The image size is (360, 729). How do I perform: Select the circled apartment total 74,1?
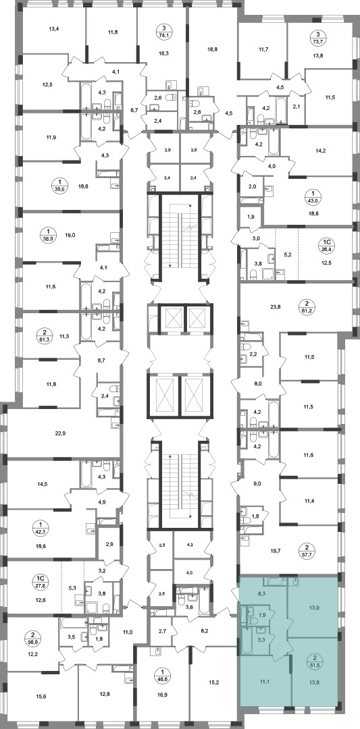pos(163,35)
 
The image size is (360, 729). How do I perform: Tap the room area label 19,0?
pos(70,236)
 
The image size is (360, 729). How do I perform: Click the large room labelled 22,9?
pos(60,433)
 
